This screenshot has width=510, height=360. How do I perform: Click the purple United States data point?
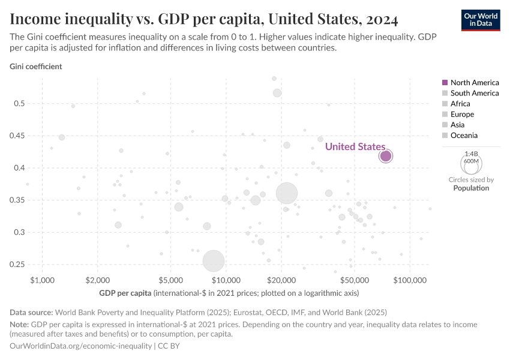click(385, 156)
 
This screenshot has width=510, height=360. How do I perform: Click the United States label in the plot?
click(355, 146)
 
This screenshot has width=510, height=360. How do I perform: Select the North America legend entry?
click(470, 82)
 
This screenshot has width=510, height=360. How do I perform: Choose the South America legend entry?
click(470, 93)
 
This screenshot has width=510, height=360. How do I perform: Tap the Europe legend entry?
click(462, 114)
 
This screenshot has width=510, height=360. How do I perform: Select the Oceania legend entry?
click(464, 136)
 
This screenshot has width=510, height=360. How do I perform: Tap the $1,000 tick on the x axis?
click(41, 280)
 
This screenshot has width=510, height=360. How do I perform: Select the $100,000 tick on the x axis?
click(410, 280)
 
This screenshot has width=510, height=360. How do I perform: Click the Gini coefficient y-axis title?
click(35, 67)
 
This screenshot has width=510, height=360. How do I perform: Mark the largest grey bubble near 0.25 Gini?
click(214, 261)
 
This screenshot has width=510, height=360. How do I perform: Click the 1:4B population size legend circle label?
click(471, 154)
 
